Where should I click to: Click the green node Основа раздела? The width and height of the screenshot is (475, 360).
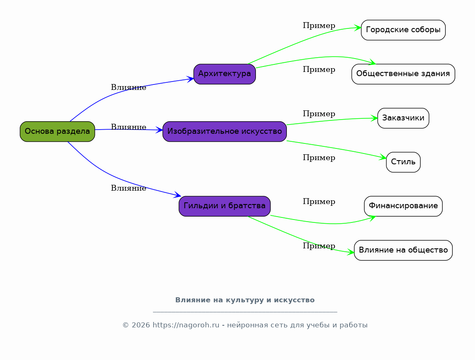point(57,132)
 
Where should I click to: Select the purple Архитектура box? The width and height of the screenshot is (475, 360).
point(225,74)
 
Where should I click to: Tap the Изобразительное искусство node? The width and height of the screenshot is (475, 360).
point(225,132)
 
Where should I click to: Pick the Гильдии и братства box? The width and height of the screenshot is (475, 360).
point(225,206)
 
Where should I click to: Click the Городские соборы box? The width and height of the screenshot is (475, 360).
point(403,30)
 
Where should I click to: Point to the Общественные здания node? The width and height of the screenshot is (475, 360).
point(403,74)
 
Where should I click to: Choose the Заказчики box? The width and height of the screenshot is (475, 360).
point(403,118)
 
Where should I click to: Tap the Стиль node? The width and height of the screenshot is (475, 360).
point(403,162)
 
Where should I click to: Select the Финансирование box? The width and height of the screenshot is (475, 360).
point(403,206)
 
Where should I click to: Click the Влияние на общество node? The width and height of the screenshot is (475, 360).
point(403,250)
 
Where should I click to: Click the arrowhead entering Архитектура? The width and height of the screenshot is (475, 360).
point(190,79)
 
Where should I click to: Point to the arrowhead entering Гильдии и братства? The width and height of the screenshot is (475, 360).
point(178,195)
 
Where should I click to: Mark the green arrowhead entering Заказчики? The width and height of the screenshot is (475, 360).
point(374,118)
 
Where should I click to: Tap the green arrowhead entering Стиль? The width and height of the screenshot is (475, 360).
point(383,157)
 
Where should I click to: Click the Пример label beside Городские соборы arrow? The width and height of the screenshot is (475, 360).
point(319,26)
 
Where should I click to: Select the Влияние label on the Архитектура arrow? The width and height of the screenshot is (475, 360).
point(128,87)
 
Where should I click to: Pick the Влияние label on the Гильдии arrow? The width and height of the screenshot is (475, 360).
point(128,188)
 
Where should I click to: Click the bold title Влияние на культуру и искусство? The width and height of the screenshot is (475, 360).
point(245,300)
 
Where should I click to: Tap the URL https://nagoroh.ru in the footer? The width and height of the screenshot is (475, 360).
point(186,325)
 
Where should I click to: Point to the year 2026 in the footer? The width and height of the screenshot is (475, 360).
point(141,325)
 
